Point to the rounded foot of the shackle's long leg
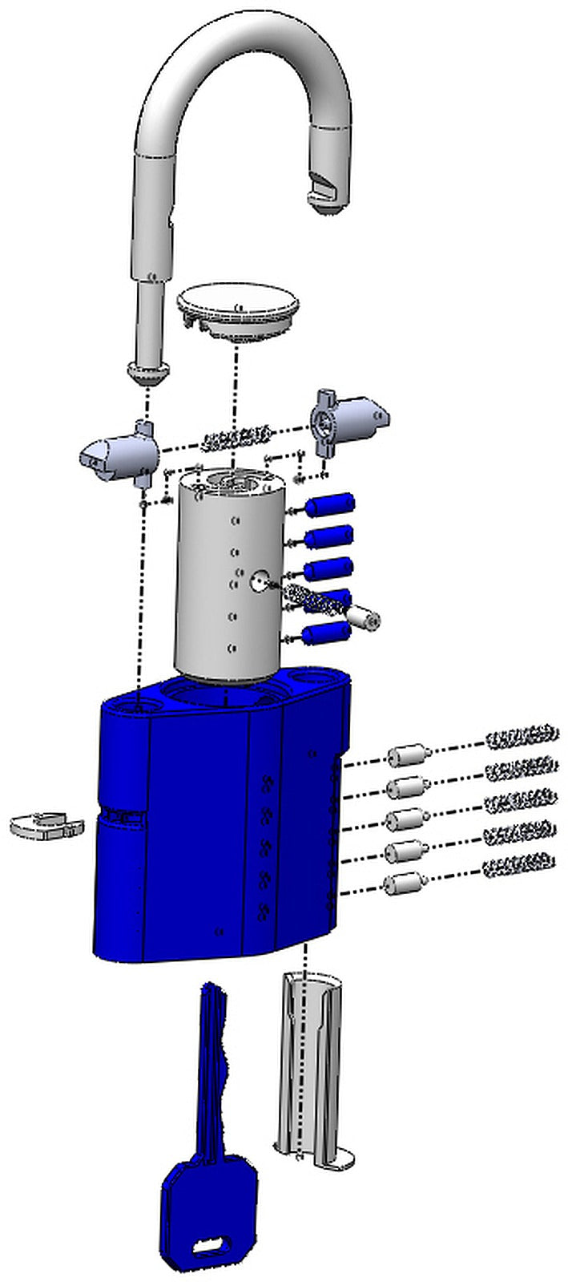148,370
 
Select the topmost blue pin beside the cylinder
330,507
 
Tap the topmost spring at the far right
522,734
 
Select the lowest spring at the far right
518,864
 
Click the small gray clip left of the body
45,825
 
